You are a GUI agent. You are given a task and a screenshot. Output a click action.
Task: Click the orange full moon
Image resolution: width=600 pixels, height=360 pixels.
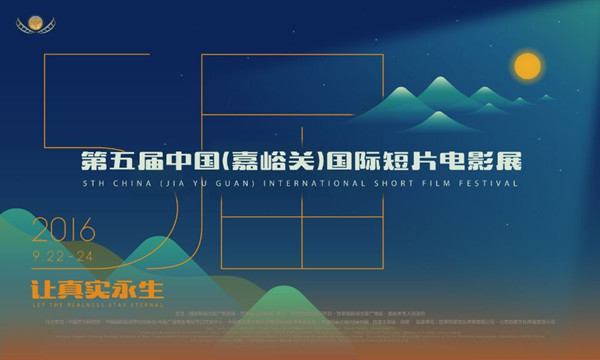click(x=527, y=67)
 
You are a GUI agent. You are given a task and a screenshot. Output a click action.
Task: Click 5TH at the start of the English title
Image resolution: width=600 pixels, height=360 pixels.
click(x=97, y=185)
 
